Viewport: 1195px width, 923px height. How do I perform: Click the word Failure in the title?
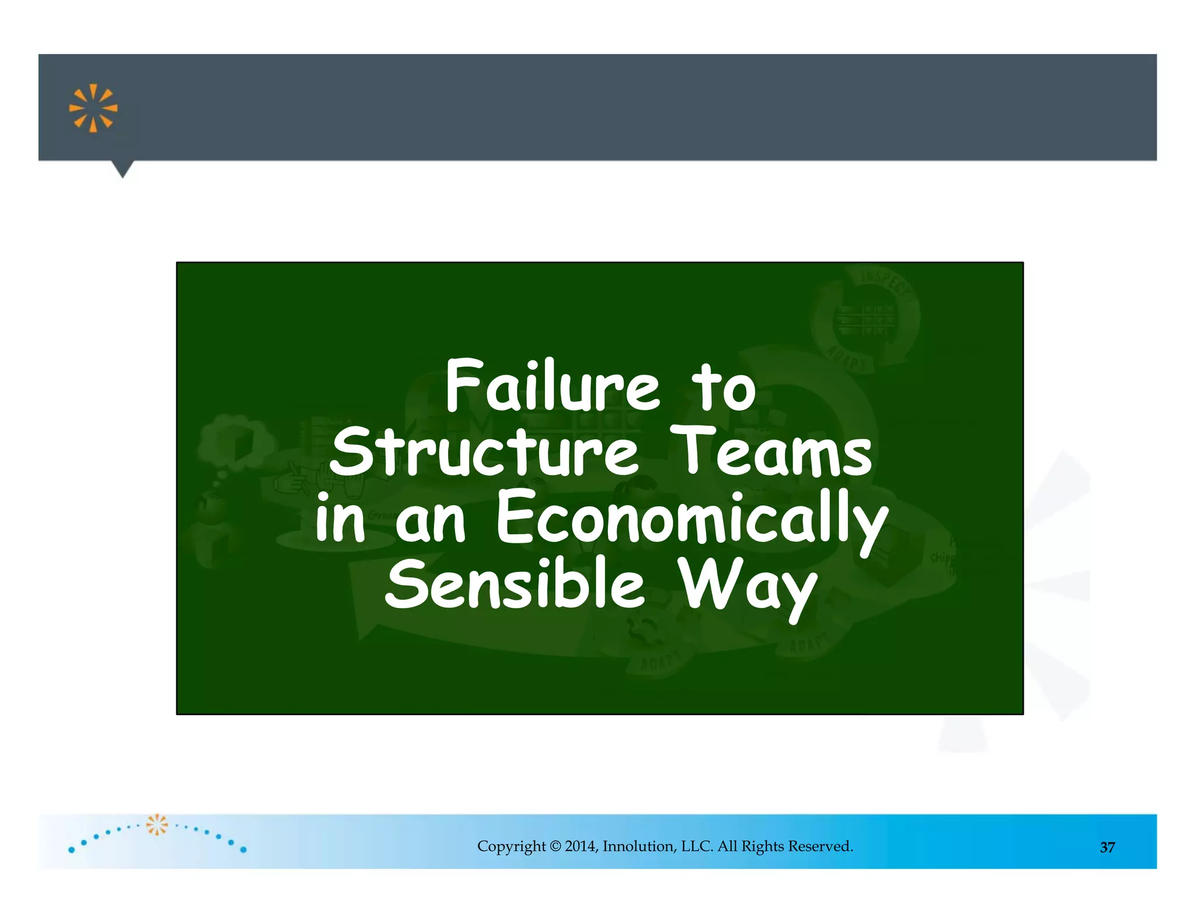(x=552, y=386)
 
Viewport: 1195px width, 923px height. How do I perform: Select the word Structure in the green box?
(x=484, y=452)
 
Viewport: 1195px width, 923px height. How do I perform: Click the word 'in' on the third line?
(x=340, y=517)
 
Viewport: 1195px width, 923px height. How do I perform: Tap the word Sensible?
(x=515, y=584)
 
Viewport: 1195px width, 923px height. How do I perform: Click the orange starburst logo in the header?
(x=93, y=109)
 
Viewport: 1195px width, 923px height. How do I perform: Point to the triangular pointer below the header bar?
(x=123, y=169)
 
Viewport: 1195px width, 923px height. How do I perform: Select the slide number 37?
(x=1107, y=847)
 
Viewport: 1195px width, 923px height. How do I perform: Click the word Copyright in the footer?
(x=511, y=847)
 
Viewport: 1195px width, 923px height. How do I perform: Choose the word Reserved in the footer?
(x=820, y=846)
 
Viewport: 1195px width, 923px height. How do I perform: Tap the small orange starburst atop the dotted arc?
(x=156, y=824)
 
